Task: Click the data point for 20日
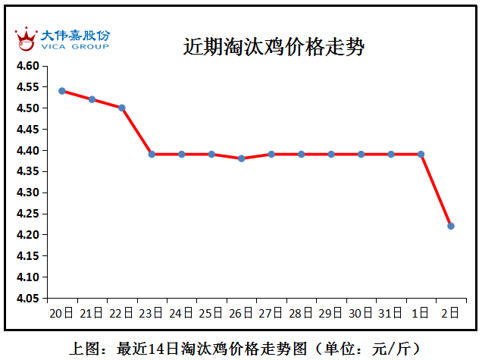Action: click(x=62, y=91)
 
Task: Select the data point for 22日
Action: click(x=122, y=108)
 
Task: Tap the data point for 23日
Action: click(x=152, y=154)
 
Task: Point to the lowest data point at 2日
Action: click(x=451, y=226)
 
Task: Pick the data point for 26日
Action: click(x=241, y=158)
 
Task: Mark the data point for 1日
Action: click(x=421, y=154)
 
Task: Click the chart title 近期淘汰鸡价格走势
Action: click(x=274, y=47)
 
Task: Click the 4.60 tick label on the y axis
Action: click(x=28, y=66)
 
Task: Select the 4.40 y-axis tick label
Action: click(x=28, y=151)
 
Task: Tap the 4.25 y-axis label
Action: click(x=28, y=214)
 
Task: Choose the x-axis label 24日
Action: click(x=181, y=312)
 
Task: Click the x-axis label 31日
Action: click(x=391, y=312)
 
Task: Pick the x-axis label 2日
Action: click(x=451, y=312)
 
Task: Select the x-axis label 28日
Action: click(x=301, y=312)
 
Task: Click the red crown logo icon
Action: click(x=26, y=38)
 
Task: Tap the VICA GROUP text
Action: click(x=74, y=47)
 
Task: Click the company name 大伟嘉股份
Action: click(x=74, y=36)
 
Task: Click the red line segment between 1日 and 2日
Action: click(x=437, y=190)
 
